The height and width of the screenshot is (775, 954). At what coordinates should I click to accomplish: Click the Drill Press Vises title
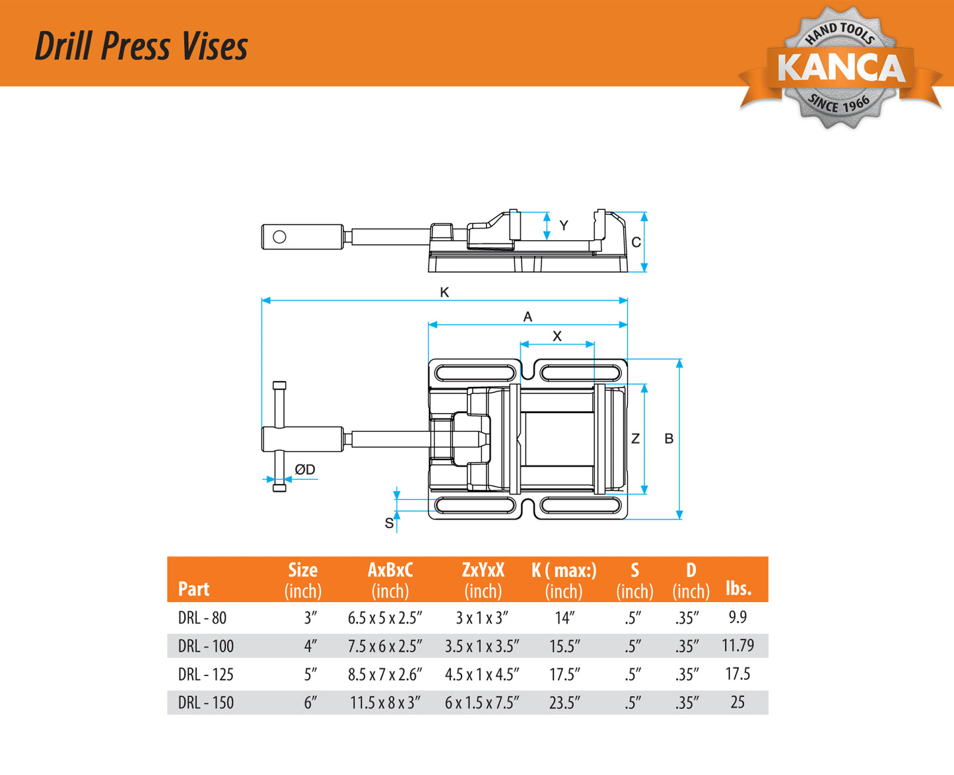[141, 46]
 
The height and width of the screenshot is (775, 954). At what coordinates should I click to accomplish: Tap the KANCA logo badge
[840, 67]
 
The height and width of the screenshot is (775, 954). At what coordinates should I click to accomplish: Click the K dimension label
[444, 292]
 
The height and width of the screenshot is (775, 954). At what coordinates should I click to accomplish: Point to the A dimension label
[528, 317]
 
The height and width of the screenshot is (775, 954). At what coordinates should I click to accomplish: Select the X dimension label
[557, 336]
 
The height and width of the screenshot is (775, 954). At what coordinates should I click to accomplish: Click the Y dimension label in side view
[564, 226]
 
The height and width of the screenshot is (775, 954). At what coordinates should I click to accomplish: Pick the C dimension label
[636, 242]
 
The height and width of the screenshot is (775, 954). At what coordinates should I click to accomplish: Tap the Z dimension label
[635, 438]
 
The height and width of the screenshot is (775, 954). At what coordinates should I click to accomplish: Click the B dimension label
[669, 438]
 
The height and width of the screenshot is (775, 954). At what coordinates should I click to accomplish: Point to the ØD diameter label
[305, 469]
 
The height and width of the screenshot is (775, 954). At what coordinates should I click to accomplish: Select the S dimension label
[389, 523]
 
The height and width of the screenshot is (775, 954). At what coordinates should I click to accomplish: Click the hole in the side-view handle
[279, 236]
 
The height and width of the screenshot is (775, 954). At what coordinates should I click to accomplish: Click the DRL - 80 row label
[202, 618]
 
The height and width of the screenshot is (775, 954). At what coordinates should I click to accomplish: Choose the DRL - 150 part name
[206, 702]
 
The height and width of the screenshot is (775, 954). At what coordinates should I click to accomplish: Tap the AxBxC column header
[390, 570]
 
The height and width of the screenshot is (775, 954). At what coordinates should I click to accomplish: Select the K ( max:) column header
[564, 570]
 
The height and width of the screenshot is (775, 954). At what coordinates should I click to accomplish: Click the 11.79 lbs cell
[737, 646]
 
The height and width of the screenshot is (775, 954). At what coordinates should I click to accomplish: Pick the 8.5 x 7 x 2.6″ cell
[385, 674]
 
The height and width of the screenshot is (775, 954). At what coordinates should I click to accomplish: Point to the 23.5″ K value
[564, 702]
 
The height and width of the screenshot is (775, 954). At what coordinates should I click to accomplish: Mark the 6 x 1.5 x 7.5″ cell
[482, 702]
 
